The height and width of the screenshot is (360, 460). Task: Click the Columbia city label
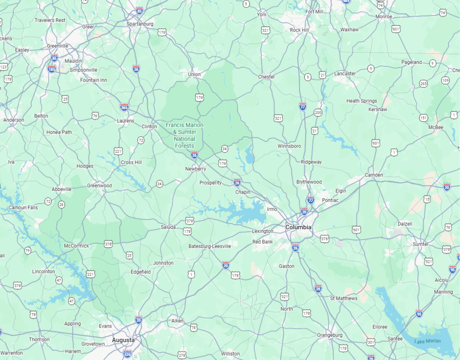[x=298, y=227]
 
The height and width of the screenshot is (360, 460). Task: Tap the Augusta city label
[x=123, y=340]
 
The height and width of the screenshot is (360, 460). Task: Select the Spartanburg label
[x=140, y=24]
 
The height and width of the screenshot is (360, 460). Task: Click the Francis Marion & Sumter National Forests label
[x=184, y=136]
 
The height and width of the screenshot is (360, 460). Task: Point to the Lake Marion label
[x=428, y=341]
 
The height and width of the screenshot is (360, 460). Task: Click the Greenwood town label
[x=100, y=186]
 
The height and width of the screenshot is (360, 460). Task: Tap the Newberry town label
[x=196, y=169]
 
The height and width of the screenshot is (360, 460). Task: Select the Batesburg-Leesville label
[x=210, y=246]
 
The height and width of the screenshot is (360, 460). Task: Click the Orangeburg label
[x=330, y=335]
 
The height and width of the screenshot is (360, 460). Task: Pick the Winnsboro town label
[x=289, y=146]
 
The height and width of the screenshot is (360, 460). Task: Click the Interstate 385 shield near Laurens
[x=124, y=107]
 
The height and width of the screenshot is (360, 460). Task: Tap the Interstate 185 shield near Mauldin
[x=52, y=69]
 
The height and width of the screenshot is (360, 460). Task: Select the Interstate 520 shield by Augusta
[x=128, y=354]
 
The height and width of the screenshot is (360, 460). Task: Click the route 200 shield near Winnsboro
[x=318, y=112]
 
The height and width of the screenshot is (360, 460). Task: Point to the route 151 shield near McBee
[x=424, y=118]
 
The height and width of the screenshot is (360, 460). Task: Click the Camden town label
[x=374, y=175]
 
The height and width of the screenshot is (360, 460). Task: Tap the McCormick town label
[x=76, y=246]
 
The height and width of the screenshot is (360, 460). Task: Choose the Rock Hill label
[x=299, y=30]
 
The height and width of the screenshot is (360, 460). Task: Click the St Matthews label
[x=344, y=298]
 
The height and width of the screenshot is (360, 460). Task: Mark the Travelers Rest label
[x=50, y=20]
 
